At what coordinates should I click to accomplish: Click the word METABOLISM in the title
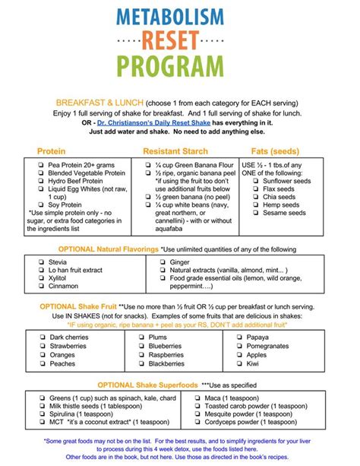[181, 16]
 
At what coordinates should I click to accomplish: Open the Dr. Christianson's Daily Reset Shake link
[172, 122]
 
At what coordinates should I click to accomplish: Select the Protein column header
[51, 151]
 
